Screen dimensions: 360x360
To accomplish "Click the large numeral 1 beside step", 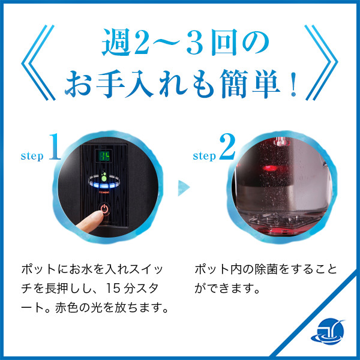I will tap(55, 147).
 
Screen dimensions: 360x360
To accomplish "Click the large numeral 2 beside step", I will tap(227, 147).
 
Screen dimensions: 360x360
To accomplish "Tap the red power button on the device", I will tap(106, 210).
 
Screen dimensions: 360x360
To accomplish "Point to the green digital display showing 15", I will tap(104, 156).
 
